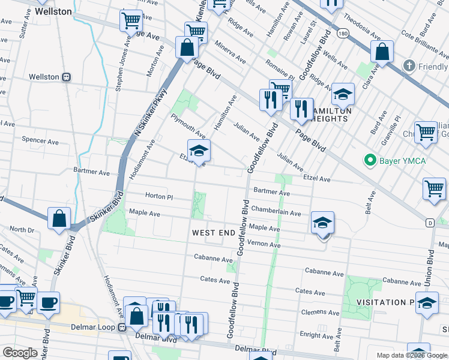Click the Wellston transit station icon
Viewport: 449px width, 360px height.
click(x=67, y=77)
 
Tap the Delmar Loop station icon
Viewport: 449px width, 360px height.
click(x=122, y=328)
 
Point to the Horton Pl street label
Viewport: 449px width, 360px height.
click(x=158, y=196)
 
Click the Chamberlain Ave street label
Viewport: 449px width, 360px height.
click(x=276, y=212)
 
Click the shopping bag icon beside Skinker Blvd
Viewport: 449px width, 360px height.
click(x=59, y=219)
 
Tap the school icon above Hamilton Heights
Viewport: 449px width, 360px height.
click(x=343, y=94)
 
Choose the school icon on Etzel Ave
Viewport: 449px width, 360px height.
click(x=199, y=150)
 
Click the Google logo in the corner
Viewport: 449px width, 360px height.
click(x=20, y=353)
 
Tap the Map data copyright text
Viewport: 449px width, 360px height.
click(x=412, y=355)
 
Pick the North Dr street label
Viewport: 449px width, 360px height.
click(x=22, y=229)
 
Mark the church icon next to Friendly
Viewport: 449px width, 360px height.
click(x=409, y=65)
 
